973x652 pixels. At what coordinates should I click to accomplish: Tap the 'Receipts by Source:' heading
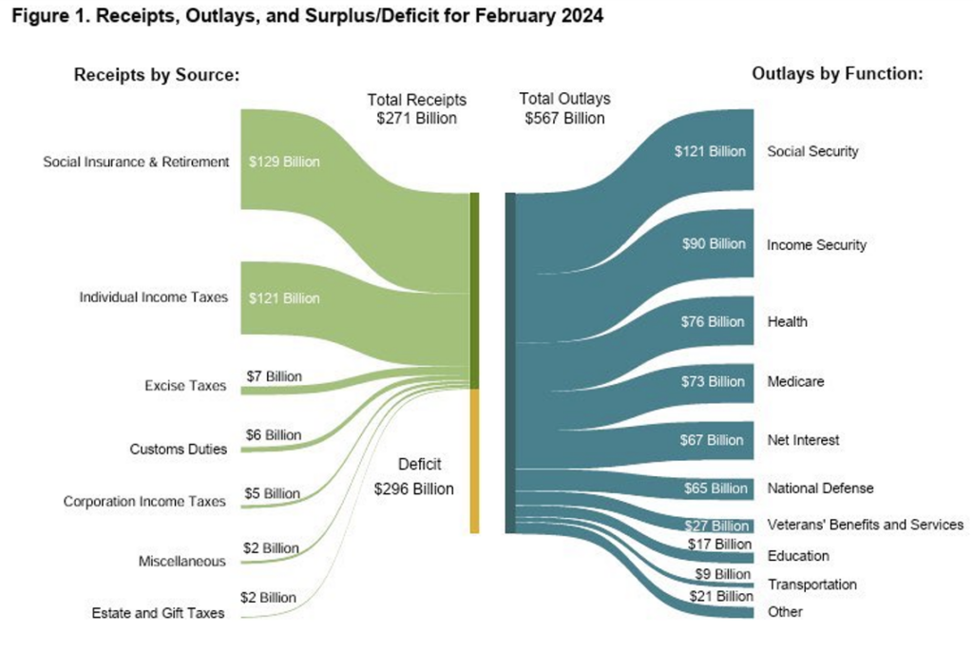click(155, 75)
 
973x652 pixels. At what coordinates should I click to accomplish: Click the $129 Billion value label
click(284, 162)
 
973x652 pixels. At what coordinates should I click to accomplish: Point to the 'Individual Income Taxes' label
click(153, 297)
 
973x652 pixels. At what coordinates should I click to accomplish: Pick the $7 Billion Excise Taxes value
click(274, 376)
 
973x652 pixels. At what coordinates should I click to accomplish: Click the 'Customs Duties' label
click(179, 449)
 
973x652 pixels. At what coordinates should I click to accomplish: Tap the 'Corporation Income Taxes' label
click(144, 501)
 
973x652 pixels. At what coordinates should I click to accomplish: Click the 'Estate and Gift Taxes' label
click(158, 613)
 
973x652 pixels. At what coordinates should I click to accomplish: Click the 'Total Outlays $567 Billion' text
click(564, 108)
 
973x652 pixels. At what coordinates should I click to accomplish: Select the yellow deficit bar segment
click(474, 460)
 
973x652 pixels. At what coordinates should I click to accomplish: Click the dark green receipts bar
click(474, 290)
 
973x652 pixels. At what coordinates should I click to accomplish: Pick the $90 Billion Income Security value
click(714, 244)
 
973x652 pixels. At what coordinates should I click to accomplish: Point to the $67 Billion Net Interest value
click(712, 440)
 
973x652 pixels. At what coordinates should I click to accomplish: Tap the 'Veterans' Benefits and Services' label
click(865, 525)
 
